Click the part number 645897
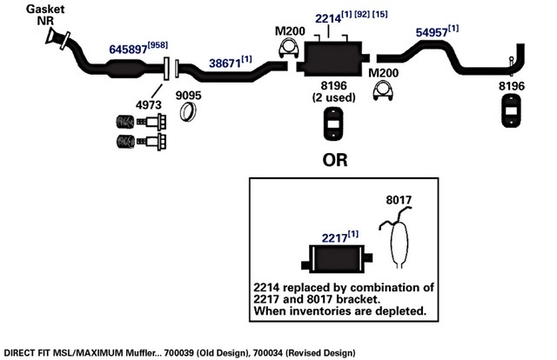(128, 49)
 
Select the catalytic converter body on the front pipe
(126, 68)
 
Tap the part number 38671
(225, 63)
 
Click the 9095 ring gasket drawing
(188, 111)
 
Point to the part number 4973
(149, 104)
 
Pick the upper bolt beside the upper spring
(151, 122)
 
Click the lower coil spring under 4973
(125, 142)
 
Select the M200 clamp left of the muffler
(288, 49)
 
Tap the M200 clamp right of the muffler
(383, 91)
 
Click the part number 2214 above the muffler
(328, 18)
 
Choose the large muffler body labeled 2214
(332, 58)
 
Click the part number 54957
(432, 32)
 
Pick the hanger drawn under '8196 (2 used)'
(333, 124)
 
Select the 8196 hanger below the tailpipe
(511, 110)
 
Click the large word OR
(335, 160)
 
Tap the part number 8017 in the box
(399, 200)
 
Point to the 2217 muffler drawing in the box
(337, 259)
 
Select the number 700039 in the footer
(179, 353)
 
